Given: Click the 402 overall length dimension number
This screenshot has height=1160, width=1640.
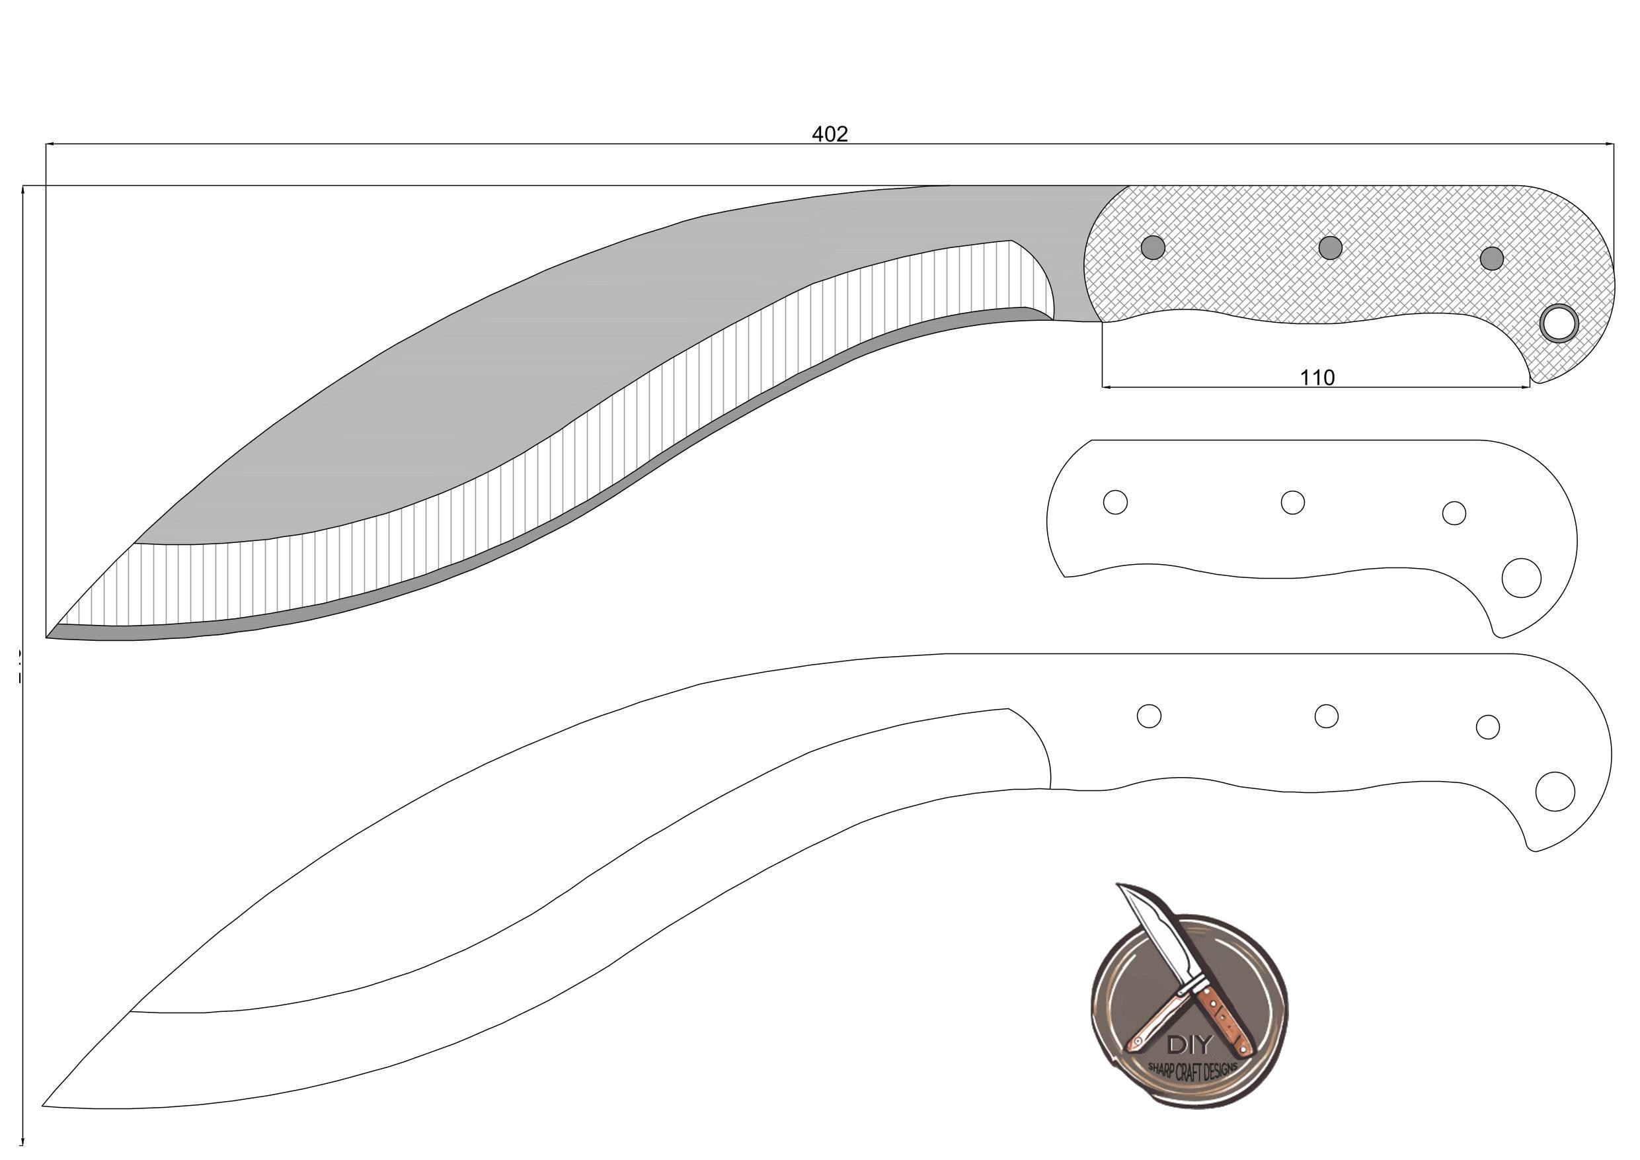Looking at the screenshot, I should (x=830, y=134).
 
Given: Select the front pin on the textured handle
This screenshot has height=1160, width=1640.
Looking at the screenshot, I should (x=1153, y=248).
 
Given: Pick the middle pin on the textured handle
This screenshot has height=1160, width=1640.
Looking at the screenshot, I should (x=1330, y=248).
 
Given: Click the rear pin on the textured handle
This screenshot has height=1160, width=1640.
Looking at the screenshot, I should (x=1491, y=258).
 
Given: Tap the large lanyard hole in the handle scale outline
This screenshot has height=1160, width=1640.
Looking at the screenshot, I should (x=1522, y=577).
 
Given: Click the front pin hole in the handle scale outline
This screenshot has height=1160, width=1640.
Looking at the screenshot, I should (x=1115, y=502).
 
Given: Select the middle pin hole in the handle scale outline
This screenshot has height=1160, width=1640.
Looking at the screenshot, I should (x=1292, y=502).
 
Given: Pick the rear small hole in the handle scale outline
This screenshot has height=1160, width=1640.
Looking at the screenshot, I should (x=1454, y=513).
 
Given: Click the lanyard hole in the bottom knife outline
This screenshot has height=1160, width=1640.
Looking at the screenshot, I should (x=1555, y=791).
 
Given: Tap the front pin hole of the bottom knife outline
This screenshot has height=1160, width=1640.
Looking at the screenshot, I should (x=1149, y=716).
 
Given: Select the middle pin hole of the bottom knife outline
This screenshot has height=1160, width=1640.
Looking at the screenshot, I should (x=1326, y=716).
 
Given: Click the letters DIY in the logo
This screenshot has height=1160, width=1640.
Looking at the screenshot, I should (x=1189, y=1045).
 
